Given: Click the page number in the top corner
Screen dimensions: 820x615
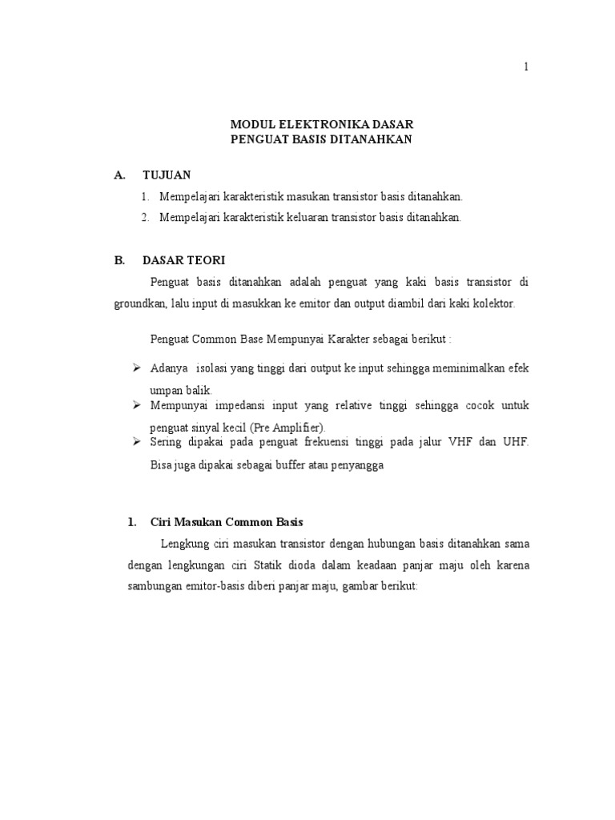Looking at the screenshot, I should (526, 67).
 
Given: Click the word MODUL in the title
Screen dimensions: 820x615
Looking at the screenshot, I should (251, 124).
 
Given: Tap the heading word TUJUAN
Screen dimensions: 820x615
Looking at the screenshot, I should (167, 175).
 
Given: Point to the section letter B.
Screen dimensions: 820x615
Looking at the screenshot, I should (119, 260).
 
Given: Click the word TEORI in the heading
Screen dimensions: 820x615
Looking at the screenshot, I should (207, 260).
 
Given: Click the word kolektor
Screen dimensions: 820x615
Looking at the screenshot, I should (495, 303).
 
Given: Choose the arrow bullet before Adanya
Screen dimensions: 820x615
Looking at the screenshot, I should (135, 368).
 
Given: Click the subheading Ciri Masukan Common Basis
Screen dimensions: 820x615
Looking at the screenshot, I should (227, 522).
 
